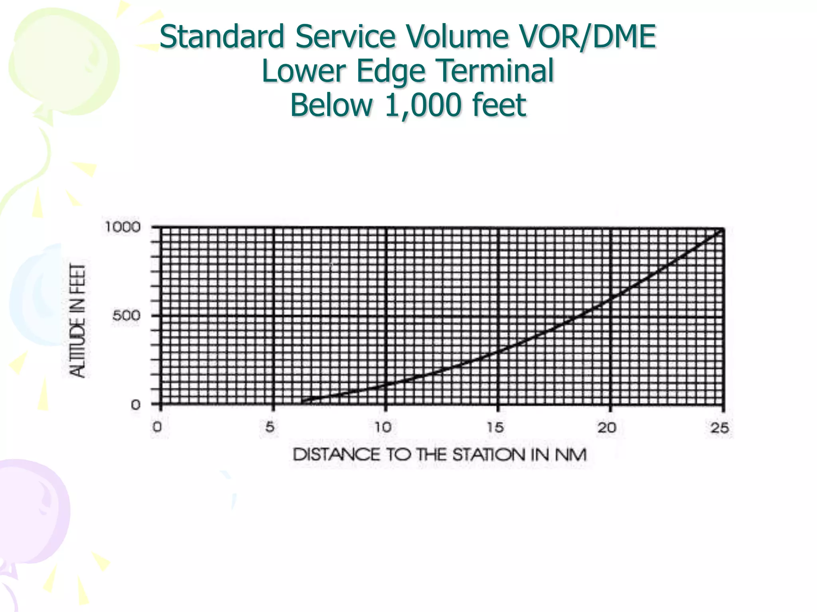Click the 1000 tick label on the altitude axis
pyautogui.click(x=122, y=228)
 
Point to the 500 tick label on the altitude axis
pyautogui.click(x=126, y=316)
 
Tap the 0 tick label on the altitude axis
pyautogui.click(x=136, y=405)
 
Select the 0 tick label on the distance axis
pyautogui.click(x=158, y=428)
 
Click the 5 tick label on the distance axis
pyautogui.click(x=270, y=428)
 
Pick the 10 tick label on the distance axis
pyautogui.click(x=383, y=428)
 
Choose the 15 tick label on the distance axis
pyautogui.click(x=495, y=428)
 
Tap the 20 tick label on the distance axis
pyautogui.click(x=607, y=428)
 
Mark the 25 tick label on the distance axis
pyautogui.click(x=720, y=428)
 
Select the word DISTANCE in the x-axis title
pyautogui.click(x=336, y=455)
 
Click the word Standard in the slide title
pyautogui.click(x=222, y=37)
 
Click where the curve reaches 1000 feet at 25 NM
pyautogui.click(x=722, y=228)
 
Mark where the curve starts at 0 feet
pyautogui.click(x=302, y=403)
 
